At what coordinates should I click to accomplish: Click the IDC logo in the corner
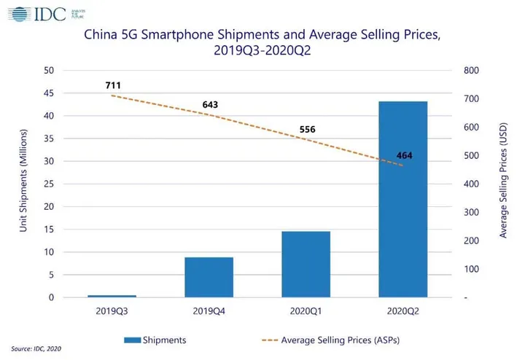coord(33,13)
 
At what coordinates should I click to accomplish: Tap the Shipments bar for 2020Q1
coord(306,264)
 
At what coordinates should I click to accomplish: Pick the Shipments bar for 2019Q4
coord(209,277)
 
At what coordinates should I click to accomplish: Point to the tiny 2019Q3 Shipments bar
coord(112,296)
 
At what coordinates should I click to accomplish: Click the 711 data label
coord(113,85)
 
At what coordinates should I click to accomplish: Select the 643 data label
coord(210,105)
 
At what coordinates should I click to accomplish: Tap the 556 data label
coord(307,130)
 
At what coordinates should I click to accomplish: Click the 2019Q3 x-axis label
coord(112,311)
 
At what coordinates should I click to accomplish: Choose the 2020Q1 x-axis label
coord(306,311)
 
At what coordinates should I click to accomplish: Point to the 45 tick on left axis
coord(49,93)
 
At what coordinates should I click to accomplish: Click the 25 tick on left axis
coord(49,184)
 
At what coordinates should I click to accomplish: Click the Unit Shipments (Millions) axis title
coord(24,184)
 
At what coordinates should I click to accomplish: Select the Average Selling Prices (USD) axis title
coord(503,184)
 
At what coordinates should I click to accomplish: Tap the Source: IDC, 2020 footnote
coord(36,349)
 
